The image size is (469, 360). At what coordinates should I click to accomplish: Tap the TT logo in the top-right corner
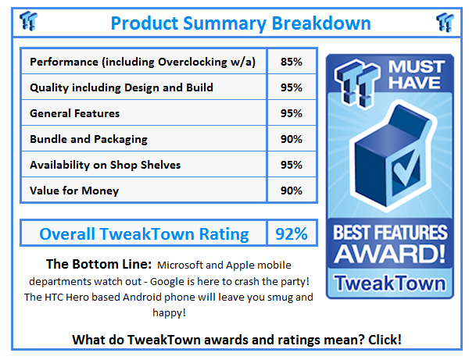click(x=445, y=21)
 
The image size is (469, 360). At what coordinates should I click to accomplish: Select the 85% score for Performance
click(x=292, y=61)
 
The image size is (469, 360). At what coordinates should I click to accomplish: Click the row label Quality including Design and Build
click(x=121, y=87)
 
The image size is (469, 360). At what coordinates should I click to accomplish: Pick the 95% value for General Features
click(x=292, y=113)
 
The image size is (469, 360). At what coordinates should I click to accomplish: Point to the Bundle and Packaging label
click(x=88, y=139)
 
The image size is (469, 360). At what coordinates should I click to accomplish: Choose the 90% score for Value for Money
click(x=292, y=191)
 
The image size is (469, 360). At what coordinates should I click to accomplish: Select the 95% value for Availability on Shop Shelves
click(x=292, y=165)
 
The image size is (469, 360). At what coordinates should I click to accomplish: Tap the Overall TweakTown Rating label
click(x=144, y=233)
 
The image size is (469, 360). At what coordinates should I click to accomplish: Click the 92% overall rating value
click(x=291, y=233)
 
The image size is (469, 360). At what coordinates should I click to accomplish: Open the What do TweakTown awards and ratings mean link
click(x=237, y=340)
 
